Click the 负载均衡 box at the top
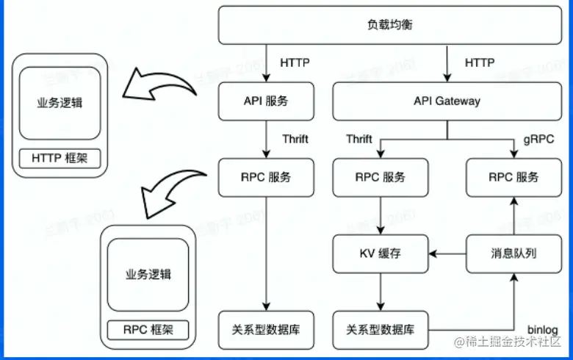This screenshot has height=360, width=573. [x=390, y=25]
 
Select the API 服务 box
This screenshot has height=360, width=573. [x=266, y=101]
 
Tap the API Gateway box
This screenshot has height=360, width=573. [x=447, y=101]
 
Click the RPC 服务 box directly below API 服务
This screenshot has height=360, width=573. [x=266, y=177]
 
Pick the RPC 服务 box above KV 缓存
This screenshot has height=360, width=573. [x=380, y=177]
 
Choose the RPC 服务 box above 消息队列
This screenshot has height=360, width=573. [x=513, y=177]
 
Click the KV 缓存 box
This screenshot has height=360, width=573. [x=380, y=253]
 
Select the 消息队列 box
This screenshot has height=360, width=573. [x=513, y=253]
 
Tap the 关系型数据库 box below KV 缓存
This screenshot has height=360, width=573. [x=380, y=329]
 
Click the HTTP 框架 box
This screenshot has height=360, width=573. [x=60, y=158]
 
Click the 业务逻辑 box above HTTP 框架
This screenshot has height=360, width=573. [x=60, y=103]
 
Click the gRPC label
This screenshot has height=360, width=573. [x=538, y=139]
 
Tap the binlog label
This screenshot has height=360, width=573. [x=544, y=328]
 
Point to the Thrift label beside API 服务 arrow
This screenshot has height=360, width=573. [x=295, y=139]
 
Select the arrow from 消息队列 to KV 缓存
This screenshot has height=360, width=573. [x=448, y=253]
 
